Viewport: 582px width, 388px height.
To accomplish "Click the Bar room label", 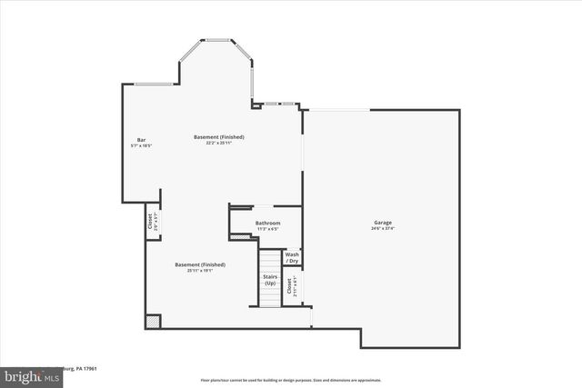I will click(x=141, y=140).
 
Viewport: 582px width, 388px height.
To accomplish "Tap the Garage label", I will click(x=383, y=223).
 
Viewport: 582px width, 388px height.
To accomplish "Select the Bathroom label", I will click(x=267, y=223).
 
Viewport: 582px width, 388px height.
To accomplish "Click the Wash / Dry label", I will click(x=292, y=258).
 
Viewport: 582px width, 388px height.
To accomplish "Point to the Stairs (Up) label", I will click(x=270, y=280).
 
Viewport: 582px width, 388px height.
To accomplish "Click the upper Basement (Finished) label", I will click(x=218, y=137).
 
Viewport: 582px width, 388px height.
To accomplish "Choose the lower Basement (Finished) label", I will click(x=200, y=264).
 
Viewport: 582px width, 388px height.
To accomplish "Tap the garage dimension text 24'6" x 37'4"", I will click(x=383, y=228).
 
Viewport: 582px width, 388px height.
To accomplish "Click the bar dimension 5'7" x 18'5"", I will click(x=141, y=145).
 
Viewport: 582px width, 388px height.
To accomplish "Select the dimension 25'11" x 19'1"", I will click(x=200, y=270).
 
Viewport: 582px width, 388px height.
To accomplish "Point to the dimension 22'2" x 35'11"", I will click(x=218, y=143).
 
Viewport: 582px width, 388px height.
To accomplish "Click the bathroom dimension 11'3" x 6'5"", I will click(x=267, y=228).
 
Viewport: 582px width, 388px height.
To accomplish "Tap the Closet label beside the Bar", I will click(x=150, y=221).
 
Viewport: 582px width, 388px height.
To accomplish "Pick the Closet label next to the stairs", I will click(x=289, y=285).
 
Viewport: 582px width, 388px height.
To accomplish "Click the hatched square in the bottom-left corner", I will click(x=153, y=322).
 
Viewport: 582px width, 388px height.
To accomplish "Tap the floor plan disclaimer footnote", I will click(x=291, y=380).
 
